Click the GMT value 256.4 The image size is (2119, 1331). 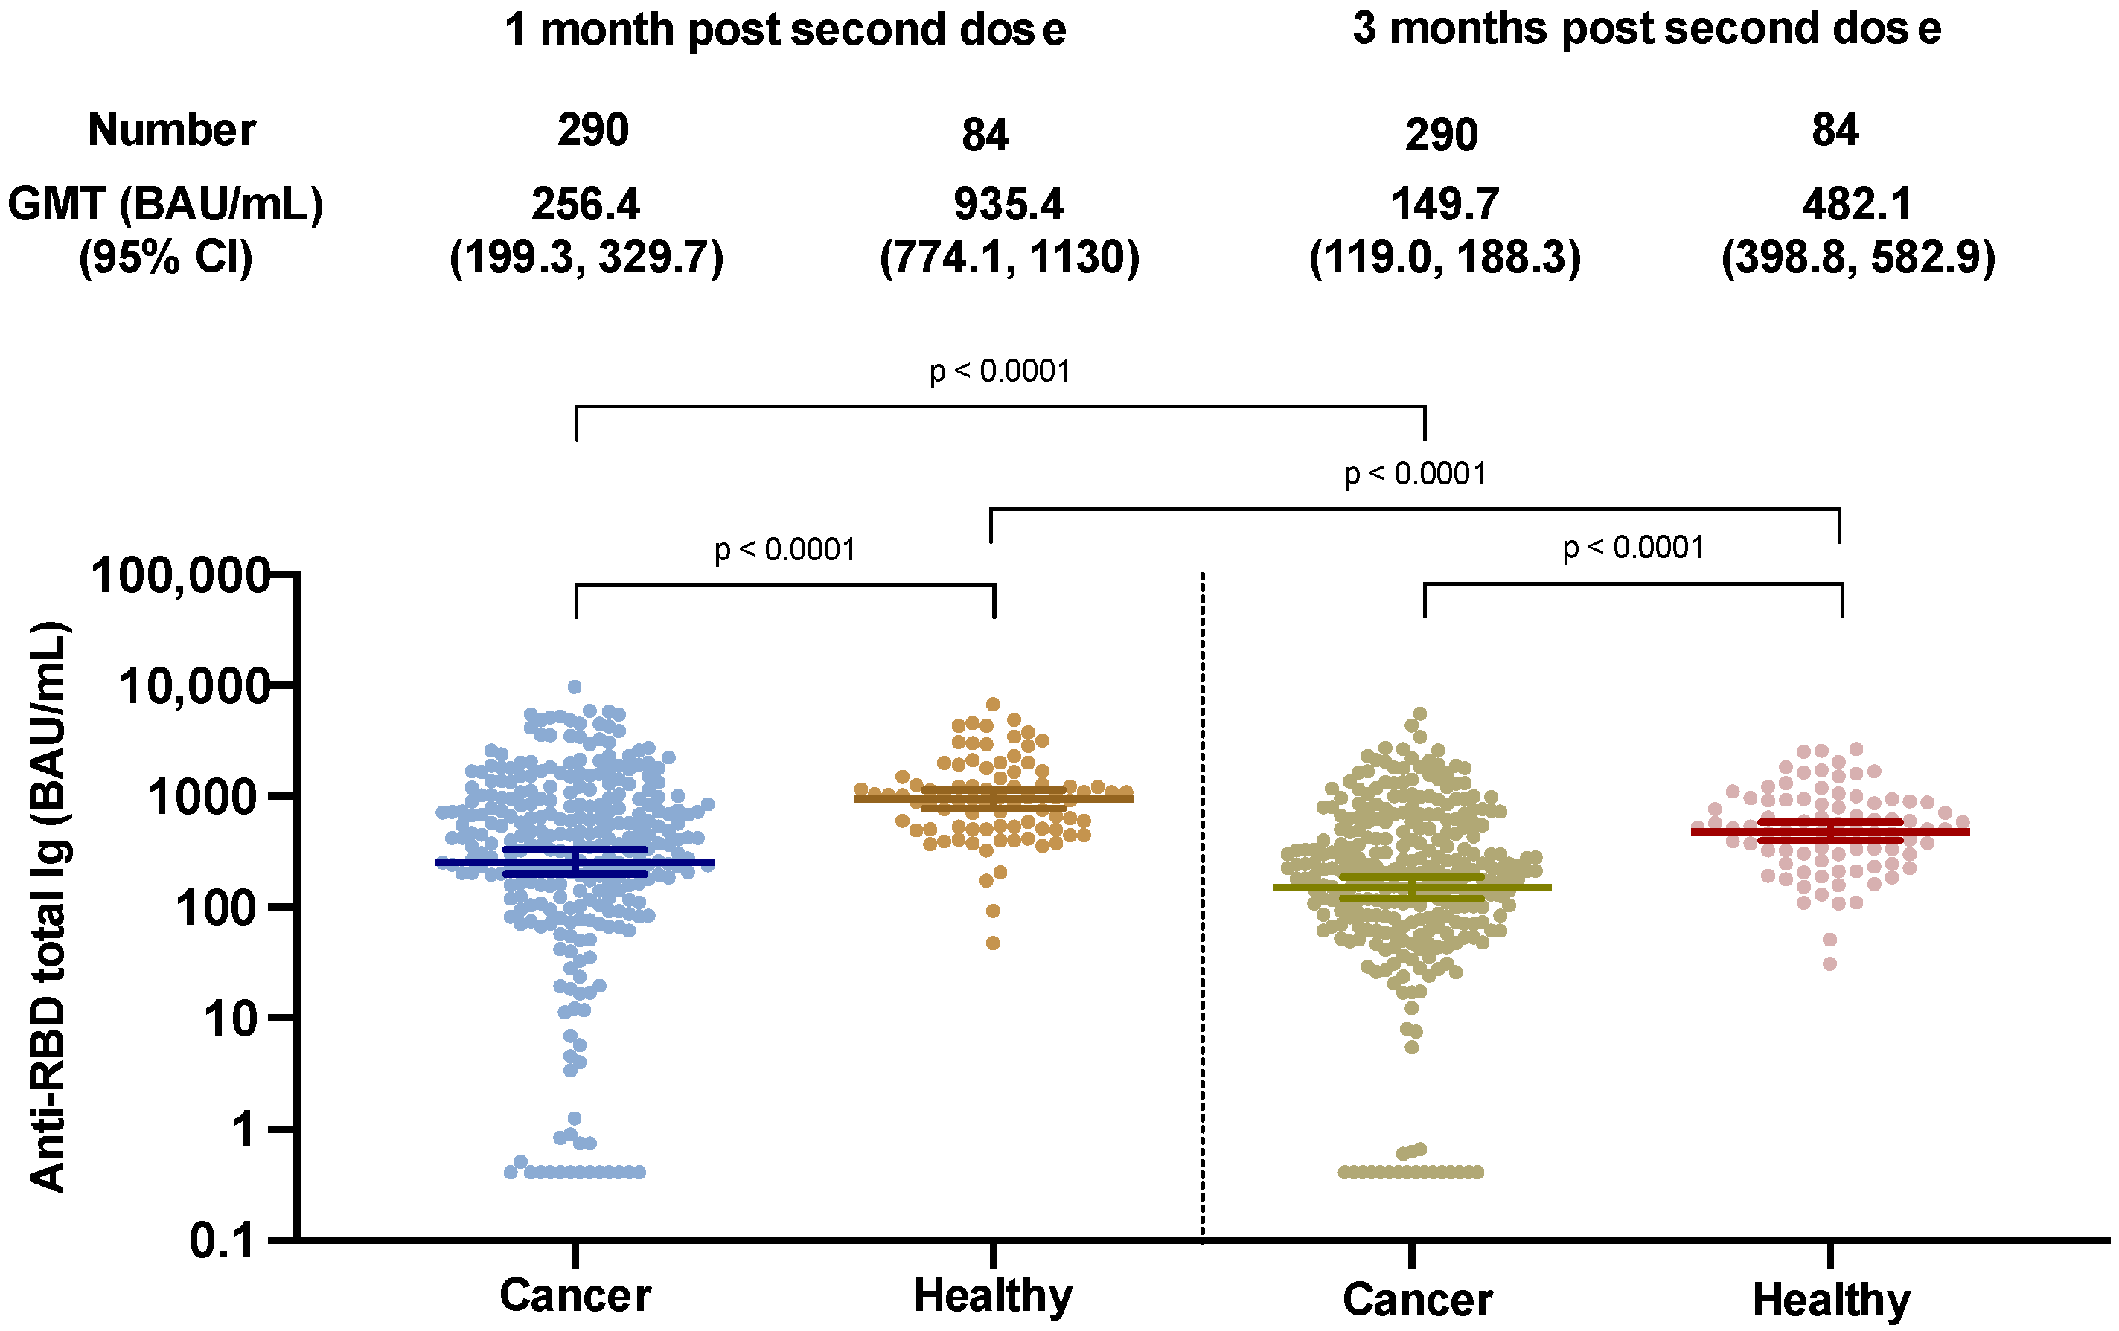point(585,204)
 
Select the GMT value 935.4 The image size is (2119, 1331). point(1009,204)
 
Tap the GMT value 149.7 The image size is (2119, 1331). point(1445,204)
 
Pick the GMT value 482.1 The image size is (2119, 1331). point(1857,204)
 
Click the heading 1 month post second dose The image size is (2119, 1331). point(785,30)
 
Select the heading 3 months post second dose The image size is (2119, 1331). point(1646,28)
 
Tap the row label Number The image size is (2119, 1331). point(172,130)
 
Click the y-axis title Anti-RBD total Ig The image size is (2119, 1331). point(48,906)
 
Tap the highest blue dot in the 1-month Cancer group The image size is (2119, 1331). point(574,687)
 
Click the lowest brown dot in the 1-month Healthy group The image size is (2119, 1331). point(993,943)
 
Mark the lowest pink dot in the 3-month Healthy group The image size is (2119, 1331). point(1829,964)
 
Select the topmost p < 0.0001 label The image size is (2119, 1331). point(1000,371)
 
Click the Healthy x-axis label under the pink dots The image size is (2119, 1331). point(1831,1299)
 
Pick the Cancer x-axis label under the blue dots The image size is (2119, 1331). point(575,1295)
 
